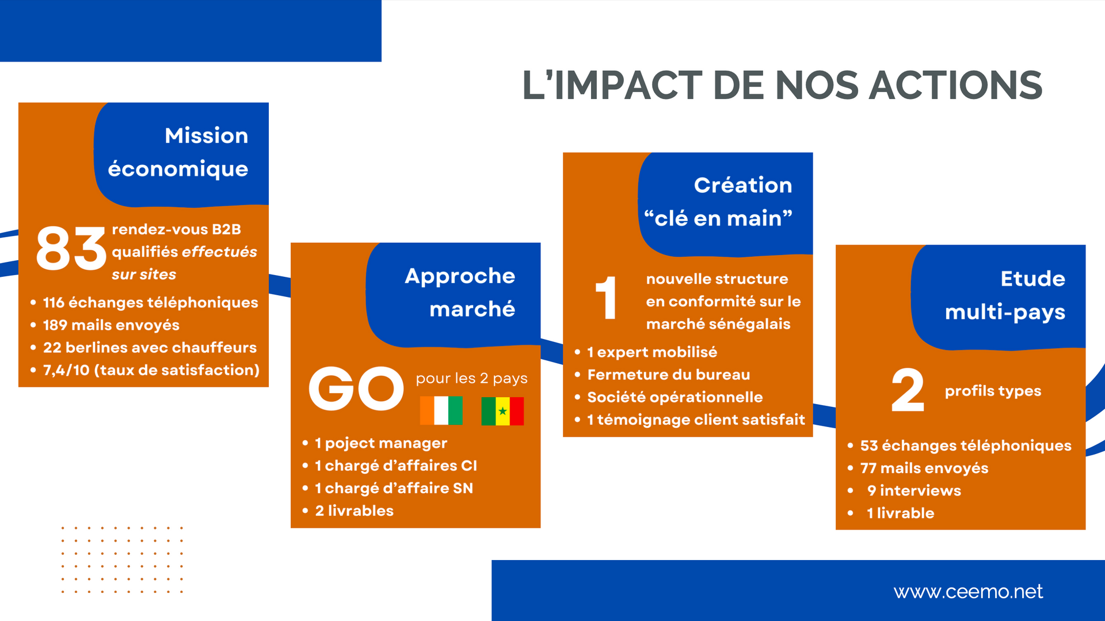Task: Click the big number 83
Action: pyautogui.click(x=71, y=248)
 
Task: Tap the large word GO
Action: pyautogui.click(x=356, y=389)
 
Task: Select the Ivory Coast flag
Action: pyautogui.click(x=441, y=410)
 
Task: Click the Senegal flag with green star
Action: pyautogui.click(x=502, y=411)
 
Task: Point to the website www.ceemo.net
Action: pyautogui.click(x=968, y=592)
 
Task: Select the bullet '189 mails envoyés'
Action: pyautogui.click(x=111, y=325)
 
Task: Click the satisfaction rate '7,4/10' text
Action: pyautogui.click(x=66, y=370)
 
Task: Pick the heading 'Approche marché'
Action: pyautogui.click(x=460, y=292)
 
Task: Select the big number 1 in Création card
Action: pyautogui.click(x=605, y=298)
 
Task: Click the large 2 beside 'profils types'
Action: pyautogui.click(x=908, y=390)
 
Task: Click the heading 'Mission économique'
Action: pyautogui.click(x=178, y=153)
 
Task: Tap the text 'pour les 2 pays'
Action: pyautogui.click(x=472, y=378)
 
